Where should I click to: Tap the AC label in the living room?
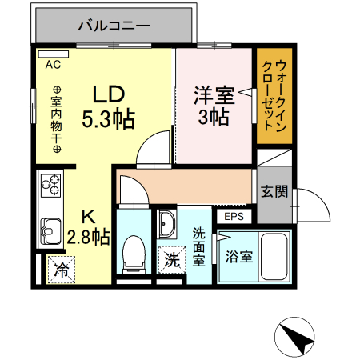click(x=54, y=63)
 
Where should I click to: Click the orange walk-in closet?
click(x=274, y=98)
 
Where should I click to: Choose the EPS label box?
click(x=234, y=216)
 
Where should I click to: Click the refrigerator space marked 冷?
click(x=61, y=269)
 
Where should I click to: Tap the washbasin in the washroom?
click(x=168, y=225)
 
